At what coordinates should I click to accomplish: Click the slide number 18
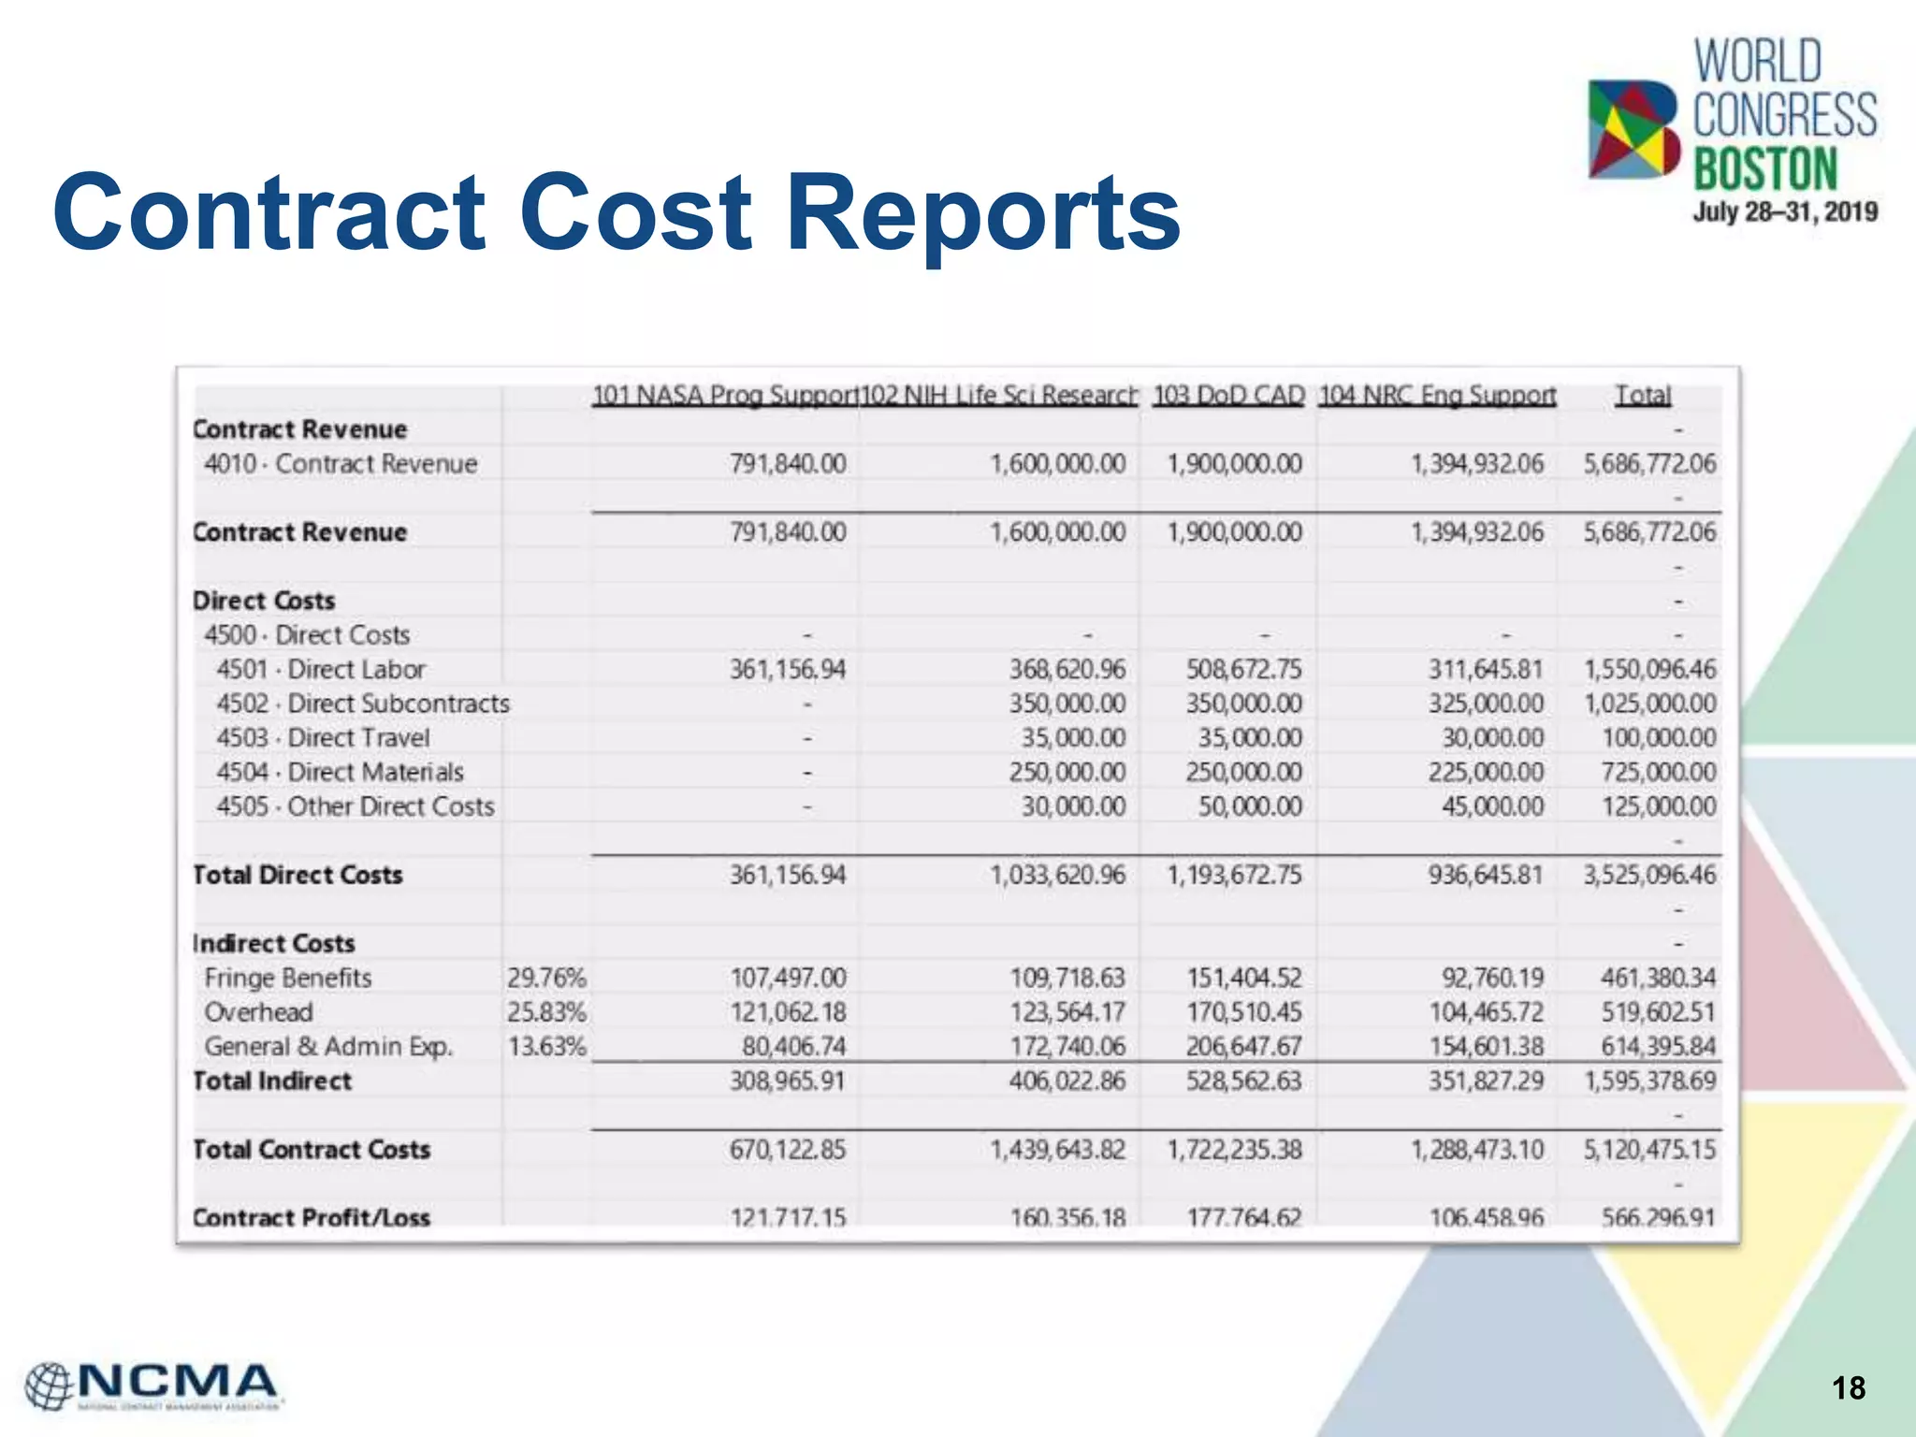coord(1849,1387)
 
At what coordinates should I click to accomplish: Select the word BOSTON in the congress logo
coord(1765,169)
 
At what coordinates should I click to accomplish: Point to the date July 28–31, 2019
coord(1784,212)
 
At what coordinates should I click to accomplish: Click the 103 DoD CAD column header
coord(1228,396)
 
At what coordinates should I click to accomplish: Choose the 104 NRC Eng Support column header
coord(1437,396)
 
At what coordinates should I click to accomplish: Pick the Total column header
coord(1643,396)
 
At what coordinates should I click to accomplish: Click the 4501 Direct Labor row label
coord(321,670)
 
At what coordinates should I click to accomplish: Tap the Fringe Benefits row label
coord(288,979)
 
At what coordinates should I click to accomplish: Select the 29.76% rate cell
coord(546,979)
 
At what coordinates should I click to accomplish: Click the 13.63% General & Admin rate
coord(546,1047)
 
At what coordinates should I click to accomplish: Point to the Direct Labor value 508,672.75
coord(1243,670)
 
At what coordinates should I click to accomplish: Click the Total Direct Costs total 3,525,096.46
coord(1649,876)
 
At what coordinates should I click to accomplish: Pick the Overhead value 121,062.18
coord(788,1012)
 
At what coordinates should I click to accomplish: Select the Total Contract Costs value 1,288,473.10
coord(1477,1150)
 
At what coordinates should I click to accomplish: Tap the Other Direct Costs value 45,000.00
coord(1492,806)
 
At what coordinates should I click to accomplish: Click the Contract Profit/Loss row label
coord(312,1217)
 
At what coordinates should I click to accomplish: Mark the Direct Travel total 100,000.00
coord(1659,738)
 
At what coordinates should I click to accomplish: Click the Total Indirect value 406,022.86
coord(1067,1081)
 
